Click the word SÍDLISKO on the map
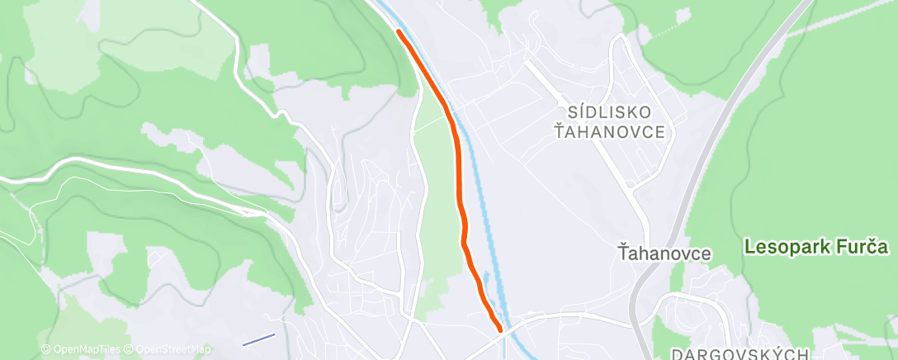click(x=608, y=111)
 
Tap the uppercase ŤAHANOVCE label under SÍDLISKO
click(x=609, y=132)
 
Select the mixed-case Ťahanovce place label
click(x=665, y=253)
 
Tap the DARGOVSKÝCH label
click(x=740, y=353)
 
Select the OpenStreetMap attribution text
click(x=173, y=349)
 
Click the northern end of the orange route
click(x=399, y=31)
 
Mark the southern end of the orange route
click(x=500, y=329)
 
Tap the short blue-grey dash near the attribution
click(x=258, y=339)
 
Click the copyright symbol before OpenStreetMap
click(x=132, y=349)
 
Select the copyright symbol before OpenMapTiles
click(x=46, y=349)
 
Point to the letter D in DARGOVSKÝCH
click(x=677, y=353)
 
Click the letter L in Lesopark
click(x=749, y=247)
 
